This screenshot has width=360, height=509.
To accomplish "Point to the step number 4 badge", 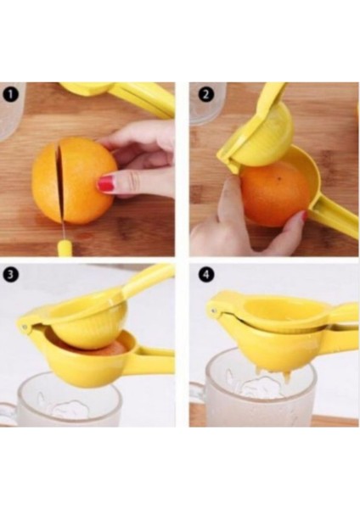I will click(x=203, y=275).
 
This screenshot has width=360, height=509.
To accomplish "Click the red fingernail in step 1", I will click(x=105, y=183).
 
